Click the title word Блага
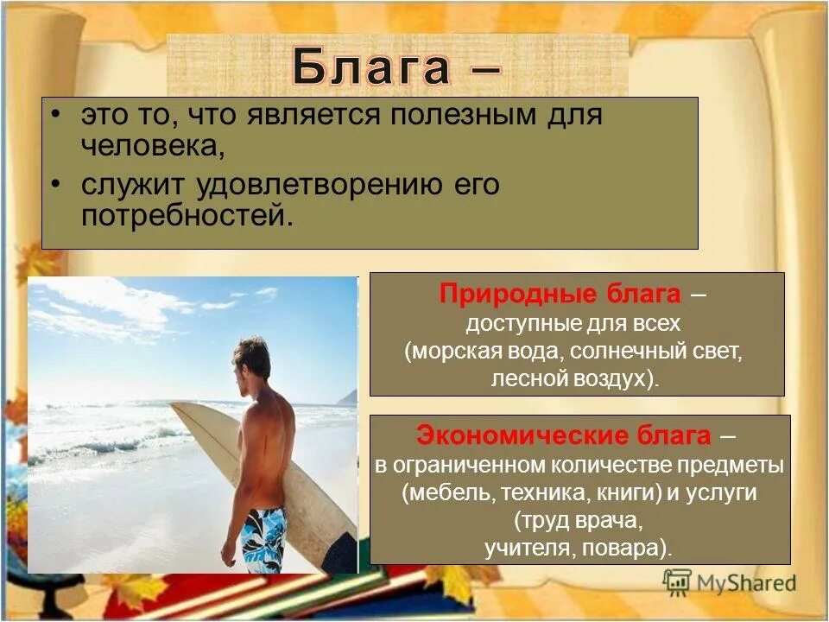(x=371, y=68)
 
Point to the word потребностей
(x=187, y=214)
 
